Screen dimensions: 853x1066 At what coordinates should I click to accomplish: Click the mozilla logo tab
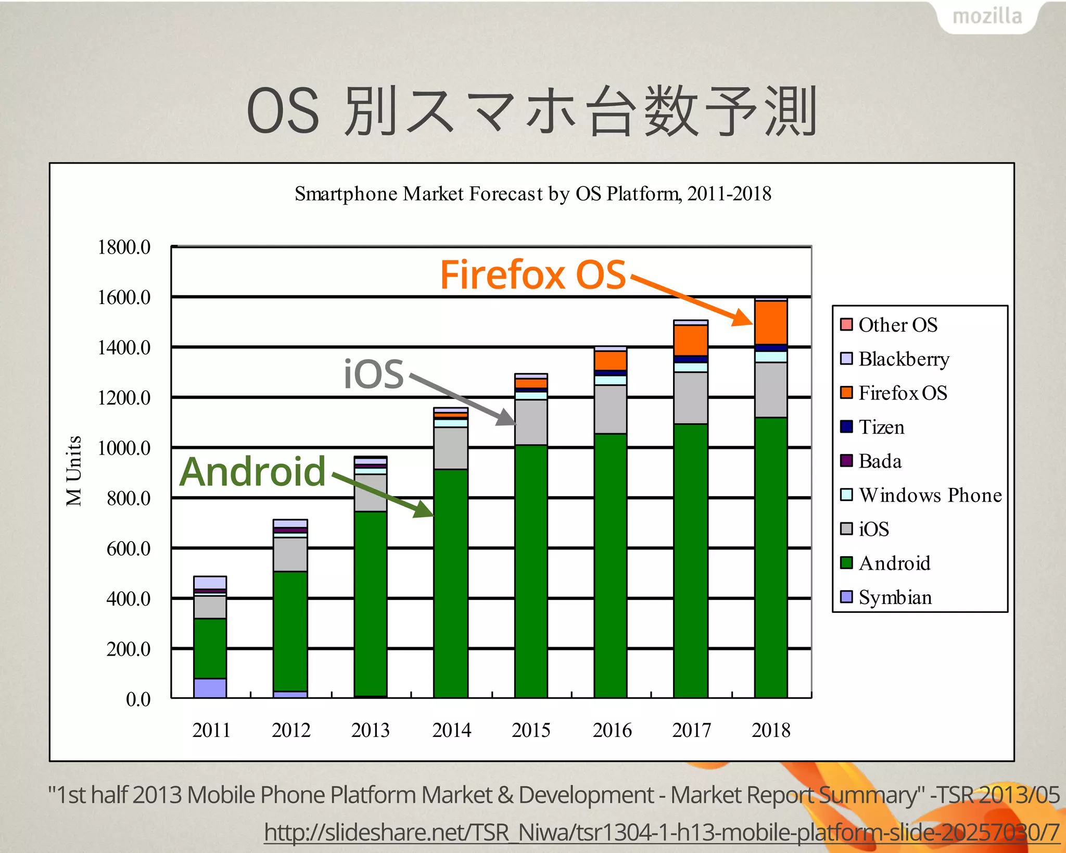click(987, 17)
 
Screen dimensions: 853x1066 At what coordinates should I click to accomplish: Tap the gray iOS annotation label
click(374, 374)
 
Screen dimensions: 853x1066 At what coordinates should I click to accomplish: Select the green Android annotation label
click(253, 471)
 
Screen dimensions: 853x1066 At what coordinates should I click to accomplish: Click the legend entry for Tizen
click(881, 427)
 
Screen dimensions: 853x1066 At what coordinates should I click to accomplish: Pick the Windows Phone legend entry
click(930, 495)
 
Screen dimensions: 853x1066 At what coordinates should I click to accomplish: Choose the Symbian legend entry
click(895, 597)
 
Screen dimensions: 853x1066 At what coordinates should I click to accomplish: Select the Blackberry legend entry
click(903, 359)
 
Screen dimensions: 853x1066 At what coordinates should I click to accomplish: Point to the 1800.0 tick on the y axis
click(124, 247)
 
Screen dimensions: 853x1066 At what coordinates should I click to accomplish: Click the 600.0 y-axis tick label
click(128, 548)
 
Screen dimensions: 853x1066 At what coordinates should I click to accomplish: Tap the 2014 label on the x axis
click(451, 730)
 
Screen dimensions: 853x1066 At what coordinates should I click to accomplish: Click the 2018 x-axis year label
click(771, 730)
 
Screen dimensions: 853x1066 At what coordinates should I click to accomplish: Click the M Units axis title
click(74, 470)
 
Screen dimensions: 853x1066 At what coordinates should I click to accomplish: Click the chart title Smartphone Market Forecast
click(532, 194)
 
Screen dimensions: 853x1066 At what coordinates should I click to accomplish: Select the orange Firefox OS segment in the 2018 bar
click(771, 322)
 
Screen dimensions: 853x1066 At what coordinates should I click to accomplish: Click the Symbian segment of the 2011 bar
click(210, 687)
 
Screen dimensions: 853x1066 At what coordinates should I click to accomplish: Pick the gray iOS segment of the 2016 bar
click(610, 409)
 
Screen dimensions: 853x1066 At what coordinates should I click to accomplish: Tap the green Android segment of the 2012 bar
click(290, 630)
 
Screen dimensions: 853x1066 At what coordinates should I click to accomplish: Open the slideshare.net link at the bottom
click(662, 832)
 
